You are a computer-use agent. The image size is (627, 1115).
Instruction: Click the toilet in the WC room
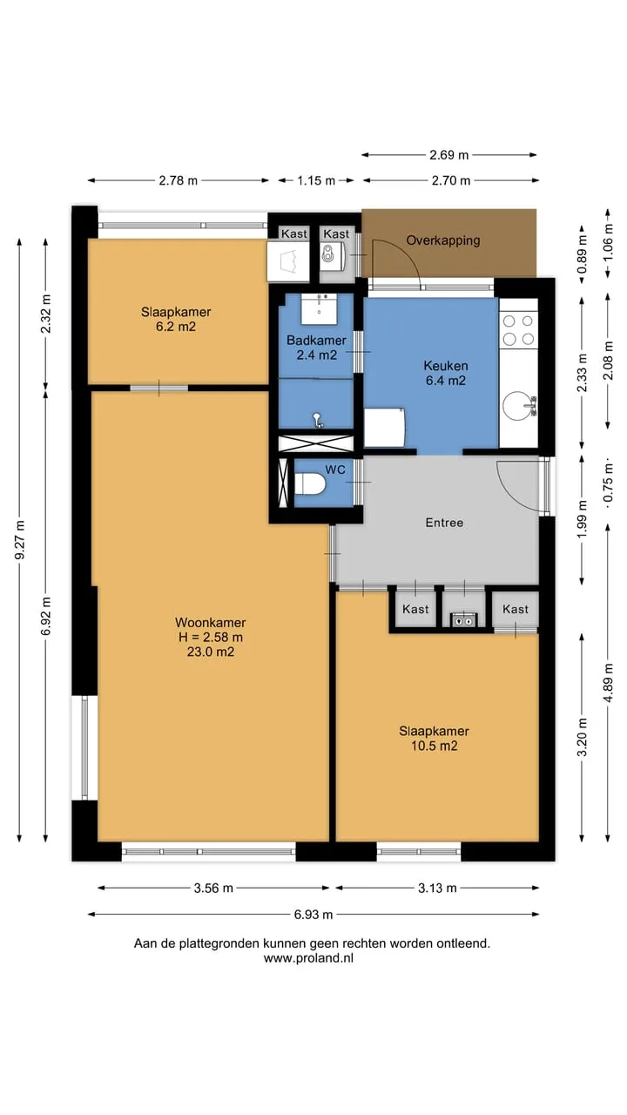[309, 483]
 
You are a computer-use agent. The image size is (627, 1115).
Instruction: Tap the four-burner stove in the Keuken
[518, 330]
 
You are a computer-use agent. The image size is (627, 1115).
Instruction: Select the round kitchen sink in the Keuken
[517, 406]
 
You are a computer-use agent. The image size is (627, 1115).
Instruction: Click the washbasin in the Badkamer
[319, 308]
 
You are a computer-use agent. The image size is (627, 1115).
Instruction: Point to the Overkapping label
[443, 240]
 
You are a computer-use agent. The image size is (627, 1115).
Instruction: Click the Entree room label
[444, 523]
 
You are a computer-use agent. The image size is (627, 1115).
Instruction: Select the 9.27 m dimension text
[20, 540]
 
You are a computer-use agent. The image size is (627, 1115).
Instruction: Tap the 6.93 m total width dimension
[313, 915]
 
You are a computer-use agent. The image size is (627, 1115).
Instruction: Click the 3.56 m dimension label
[213, 888]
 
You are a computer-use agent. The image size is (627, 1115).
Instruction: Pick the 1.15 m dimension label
[316, 180]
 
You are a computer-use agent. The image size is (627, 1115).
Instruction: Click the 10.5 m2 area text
[434, 746]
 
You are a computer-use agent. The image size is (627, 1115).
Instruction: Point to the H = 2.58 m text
[211, 637]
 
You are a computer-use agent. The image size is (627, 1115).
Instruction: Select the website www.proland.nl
[308, 958]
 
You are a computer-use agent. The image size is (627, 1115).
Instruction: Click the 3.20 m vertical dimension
[583, 738]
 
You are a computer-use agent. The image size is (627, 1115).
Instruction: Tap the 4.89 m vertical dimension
[608, 683]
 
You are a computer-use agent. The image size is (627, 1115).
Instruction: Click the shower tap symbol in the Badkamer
[318, 420]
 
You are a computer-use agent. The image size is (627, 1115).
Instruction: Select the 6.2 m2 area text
[176, 327]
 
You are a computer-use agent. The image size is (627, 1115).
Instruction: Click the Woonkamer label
[211, 622]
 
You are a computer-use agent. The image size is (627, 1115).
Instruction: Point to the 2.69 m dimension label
[448, 155]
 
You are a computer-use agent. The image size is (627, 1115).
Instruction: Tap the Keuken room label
[446, 366]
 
